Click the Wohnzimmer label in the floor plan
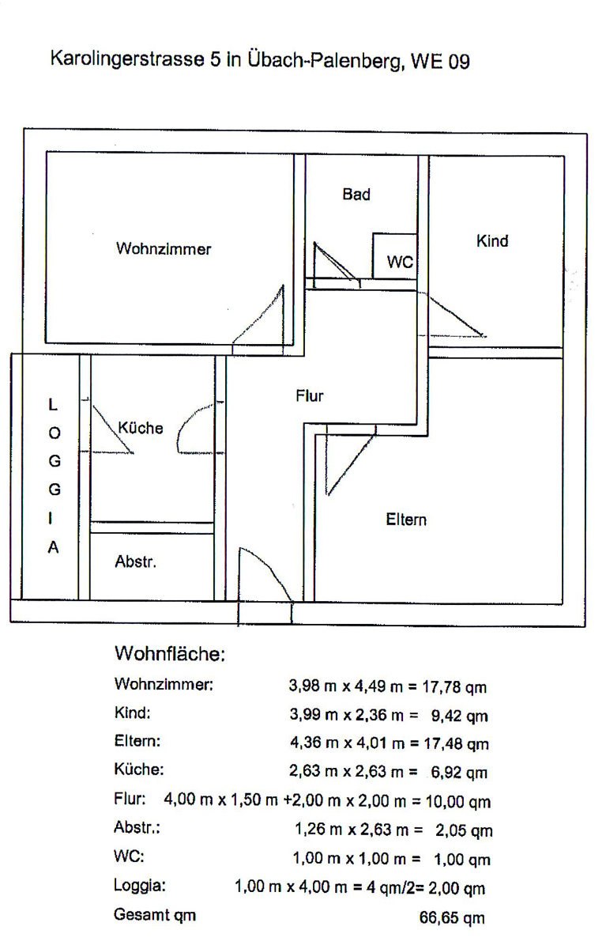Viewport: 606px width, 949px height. (164, 249)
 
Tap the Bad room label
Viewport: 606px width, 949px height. (356, 195)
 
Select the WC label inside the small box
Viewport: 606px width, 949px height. (400, 263)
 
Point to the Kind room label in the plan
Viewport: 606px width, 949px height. (491, 241)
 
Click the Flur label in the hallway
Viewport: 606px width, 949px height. (310, 396)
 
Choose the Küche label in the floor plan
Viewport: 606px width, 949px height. (140, 428)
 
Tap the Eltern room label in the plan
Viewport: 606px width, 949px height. (406, 520)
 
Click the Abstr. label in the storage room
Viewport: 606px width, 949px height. (135, 562)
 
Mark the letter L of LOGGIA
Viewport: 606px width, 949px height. (53, 405)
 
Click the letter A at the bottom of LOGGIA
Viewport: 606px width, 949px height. (53, 547)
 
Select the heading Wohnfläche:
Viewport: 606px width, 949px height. (171, 655)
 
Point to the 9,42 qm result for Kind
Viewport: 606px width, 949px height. (459, 716)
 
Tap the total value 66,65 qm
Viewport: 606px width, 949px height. (451, 918)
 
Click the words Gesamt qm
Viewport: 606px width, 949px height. (155, 916)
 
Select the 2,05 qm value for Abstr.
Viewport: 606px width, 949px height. (464, 830)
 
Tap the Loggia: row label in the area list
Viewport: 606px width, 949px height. (140, 887)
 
